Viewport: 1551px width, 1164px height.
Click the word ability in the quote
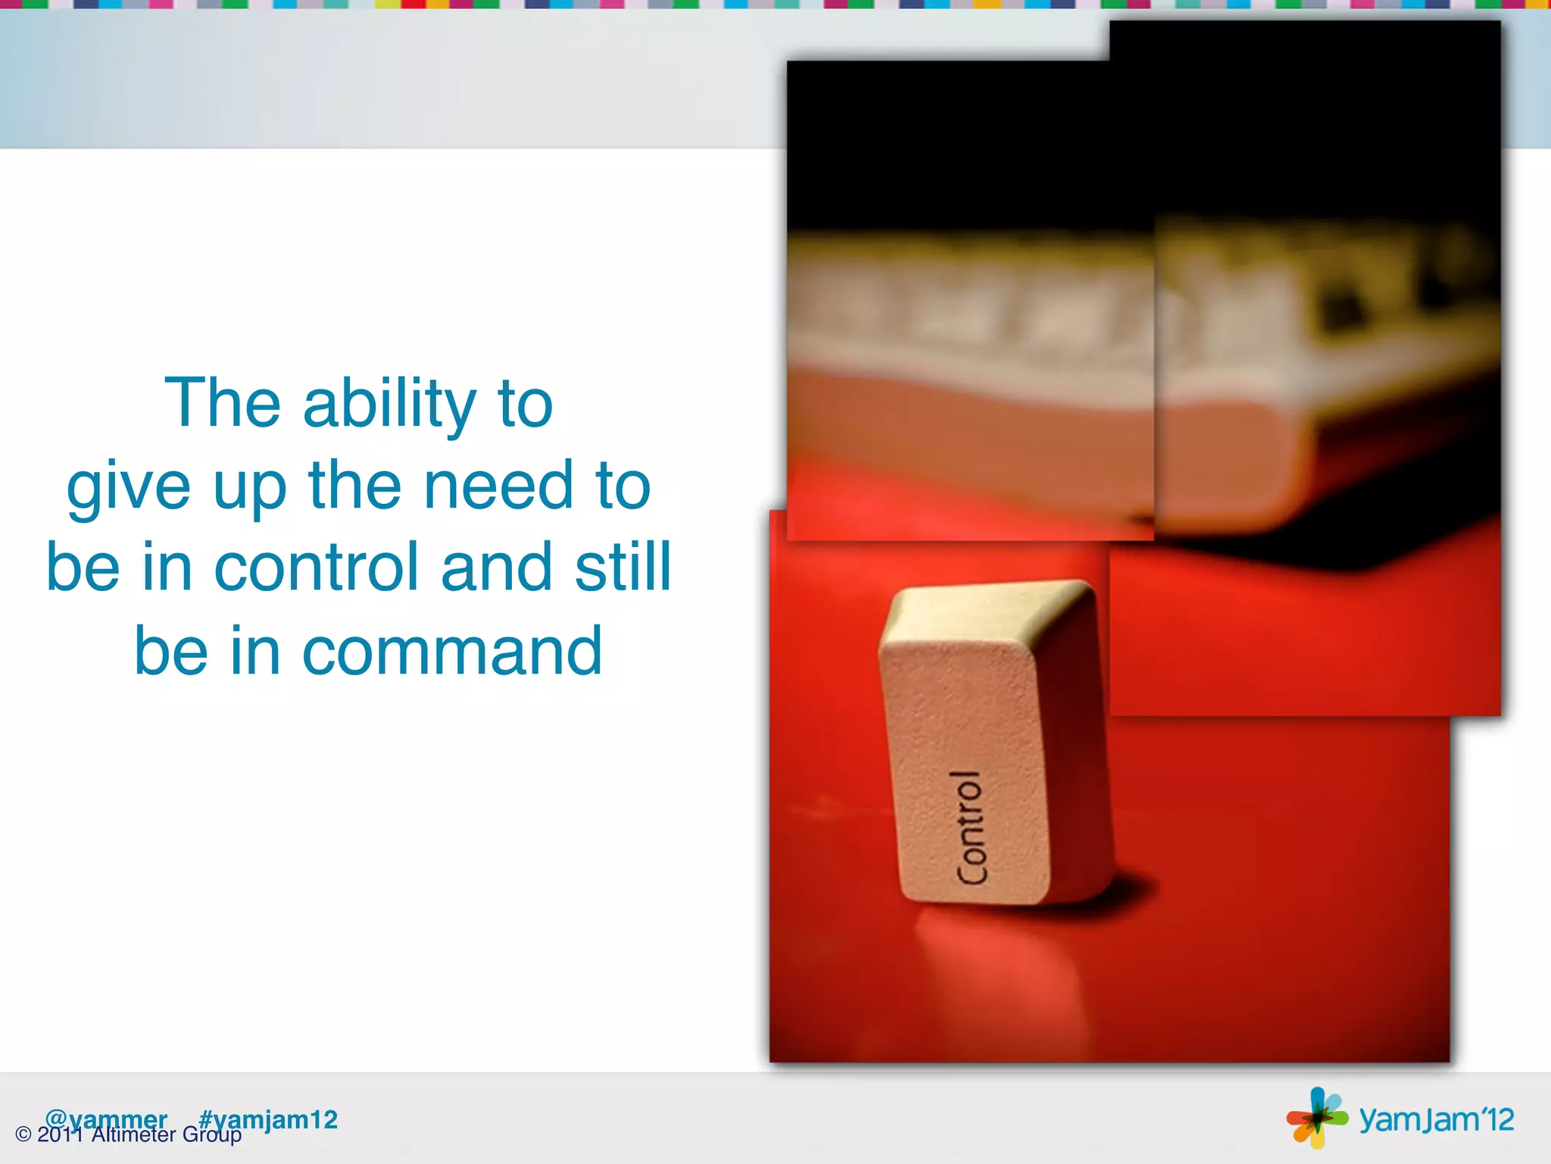click(x=389, y=405)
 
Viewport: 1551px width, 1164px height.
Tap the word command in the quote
click(x=452, y=652)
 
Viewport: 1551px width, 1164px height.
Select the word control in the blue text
click(x=316, y=568)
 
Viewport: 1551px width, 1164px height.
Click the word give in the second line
click(x=128, y=487)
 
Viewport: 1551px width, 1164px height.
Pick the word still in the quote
click(x=623, y=568)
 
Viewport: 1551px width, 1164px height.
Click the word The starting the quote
click(x=223, y=403)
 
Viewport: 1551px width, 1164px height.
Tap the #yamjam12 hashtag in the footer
click(x=268, y=1120)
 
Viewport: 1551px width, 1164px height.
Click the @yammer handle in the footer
click(x=106, y=1119)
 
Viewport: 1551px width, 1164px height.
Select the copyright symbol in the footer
click(x=23, y=1135)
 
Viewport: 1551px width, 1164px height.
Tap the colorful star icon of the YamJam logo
click(x=1316, y=1117)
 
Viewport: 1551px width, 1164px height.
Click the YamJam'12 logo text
click(x=1436, y=1120)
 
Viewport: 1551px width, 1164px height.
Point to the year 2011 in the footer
click(x=60, y=1135)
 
